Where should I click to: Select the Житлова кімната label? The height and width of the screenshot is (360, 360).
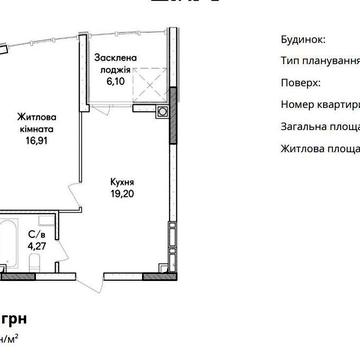pyautogui.click(x=40, y=121)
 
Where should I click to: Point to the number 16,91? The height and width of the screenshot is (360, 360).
pyautogui.click(x=40, y=141)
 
